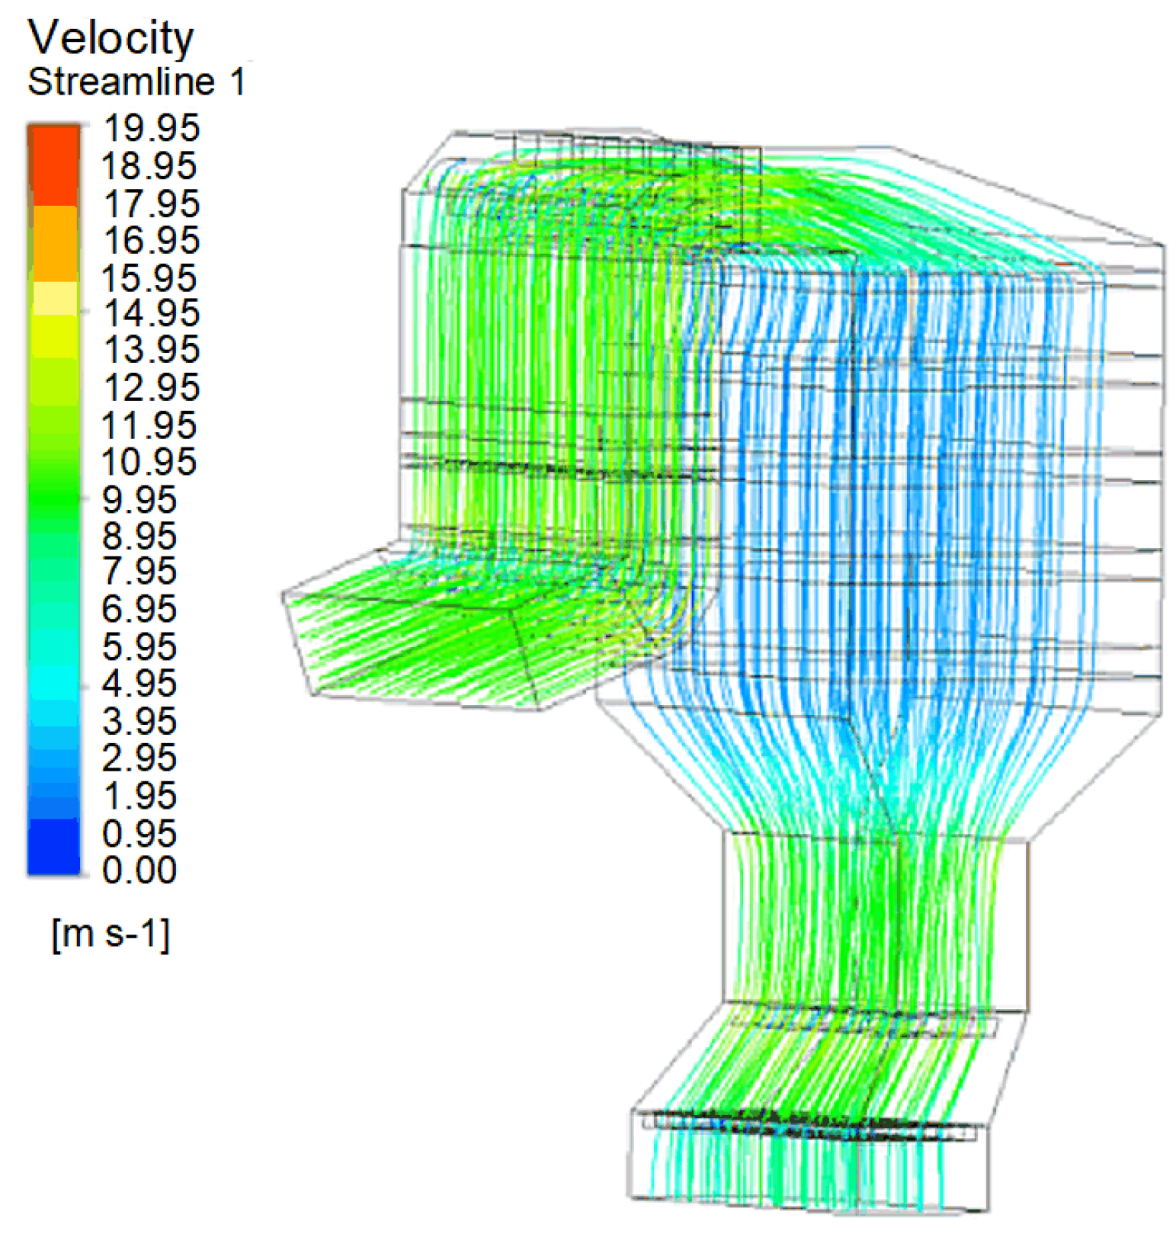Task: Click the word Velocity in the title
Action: click(x=111, y=38)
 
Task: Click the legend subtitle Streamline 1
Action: click(x=137, y=82)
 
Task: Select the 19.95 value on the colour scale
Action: click(x=151, y=127)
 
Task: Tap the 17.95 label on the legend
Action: click(x=151, y=204)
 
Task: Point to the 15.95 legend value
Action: click(x=149, y=278)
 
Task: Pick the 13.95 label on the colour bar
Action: click(x=151, y=350)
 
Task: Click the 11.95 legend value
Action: click(x=149, y=425)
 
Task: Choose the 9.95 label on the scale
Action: click(x=139, y=499)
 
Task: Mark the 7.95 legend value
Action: click(x=139, y=571)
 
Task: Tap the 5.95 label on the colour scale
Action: click(x=139, y=646)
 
